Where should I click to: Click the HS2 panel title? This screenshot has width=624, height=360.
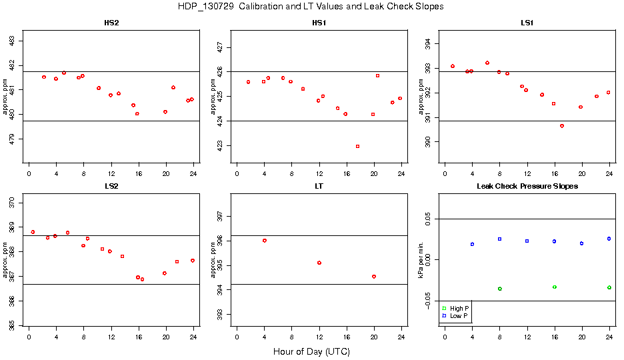coord(111,23)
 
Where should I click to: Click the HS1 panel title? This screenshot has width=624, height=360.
coord(319,23)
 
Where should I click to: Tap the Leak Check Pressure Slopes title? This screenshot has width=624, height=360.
coord(527,186)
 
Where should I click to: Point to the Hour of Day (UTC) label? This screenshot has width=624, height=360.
coord(311,351)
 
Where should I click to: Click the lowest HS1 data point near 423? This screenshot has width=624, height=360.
coord(358,146)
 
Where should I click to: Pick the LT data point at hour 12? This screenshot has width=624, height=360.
coord(319,263)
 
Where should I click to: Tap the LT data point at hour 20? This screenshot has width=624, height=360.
coord(374,277)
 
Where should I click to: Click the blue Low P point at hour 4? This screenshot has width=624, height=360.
coord(472,244)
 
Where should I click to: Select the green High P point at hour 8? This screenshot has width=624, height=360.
coord(499,289)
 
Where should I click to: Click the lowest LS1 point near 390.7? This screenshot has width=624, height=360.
coord(562,125)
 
